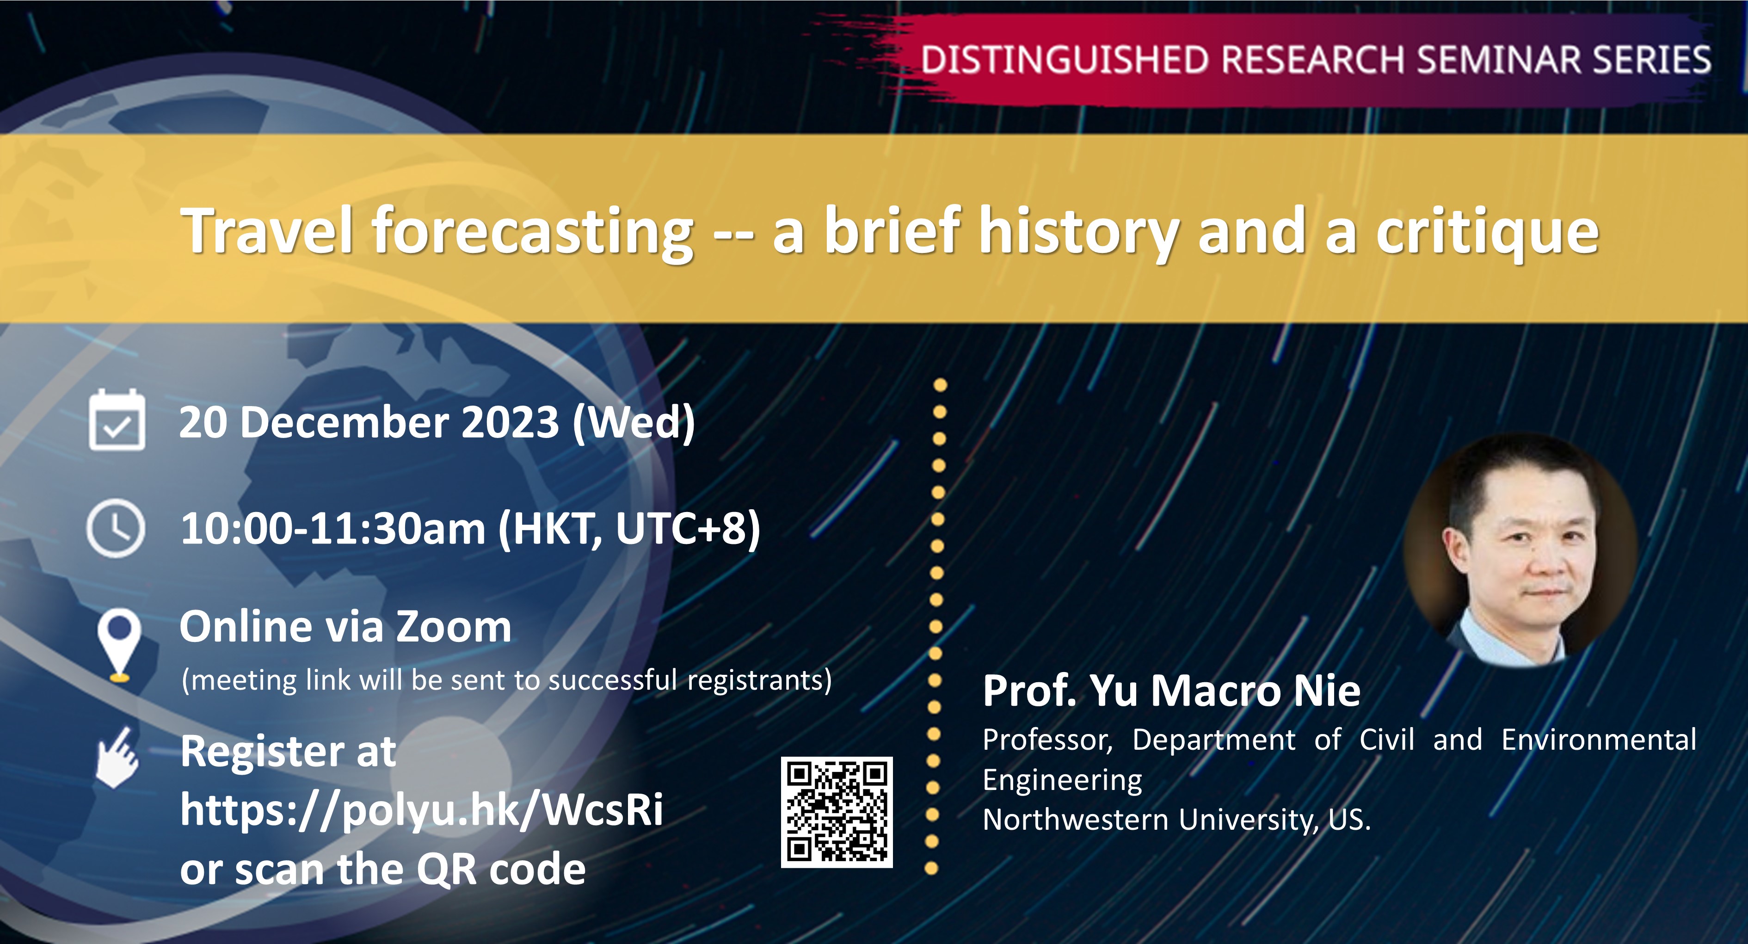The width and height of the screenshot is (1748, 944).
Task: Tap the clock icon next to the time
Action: (x=116, y=528)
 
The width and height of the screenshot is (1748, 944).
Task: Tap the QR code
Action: (x=837, y=812)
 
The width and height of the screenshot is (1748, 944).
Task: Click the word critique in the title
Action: (x=1488, y=231)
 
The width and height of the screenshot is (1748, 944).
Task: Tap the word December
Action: (x=344, y=422)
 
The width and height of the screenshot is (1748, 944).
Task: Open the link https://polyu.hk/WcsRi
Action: (x=421, y=809)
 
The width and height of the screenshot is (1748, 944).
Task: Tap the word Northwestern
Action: (x=1076, y=820)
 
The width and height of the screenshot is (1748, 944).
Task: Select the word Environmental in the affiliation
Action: (x=1598, y=740)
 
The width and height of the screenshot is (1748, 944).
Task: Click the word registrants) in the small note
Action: (x=759, y=680)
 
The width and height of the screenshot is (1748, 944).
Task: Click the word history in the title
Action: (x=1078, y=231)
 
